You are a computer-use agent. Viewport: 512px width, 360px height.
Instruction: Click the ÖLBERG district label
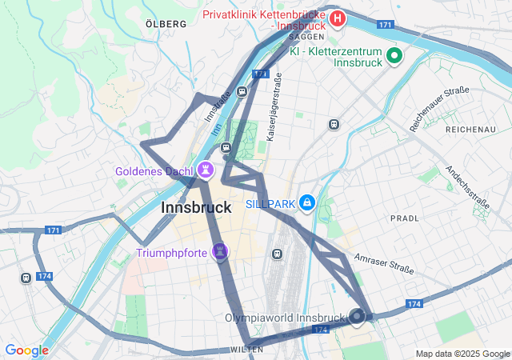click(x=166, y=24)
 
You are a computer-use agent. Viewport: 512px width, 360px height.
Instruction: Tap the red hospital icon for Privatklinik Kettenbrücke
click(x=338, y=18)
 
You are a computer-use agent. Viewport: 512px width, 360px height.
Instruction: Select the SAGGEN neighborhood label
click(x=306, y=37)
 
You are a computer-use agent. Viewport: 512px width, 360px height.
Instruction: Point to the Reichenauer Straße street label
click(x=439, y=109)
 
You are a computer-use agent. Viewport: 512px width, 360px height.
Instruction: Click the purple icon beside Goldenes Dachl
click(x=207, y=170)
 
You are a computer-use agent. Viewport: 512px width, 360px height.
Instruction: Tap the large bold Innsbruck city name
click(x=196, y=207)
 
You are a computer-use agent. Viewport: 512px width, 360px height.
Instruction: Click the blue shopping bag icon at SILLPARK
click(x=306, y=204)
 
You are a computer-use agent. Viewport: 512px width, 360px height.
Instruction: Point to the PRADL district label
click(x=404, y=218)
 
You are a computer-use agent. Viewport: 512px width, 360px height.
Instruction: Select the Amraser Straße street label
click(x=382, y=261)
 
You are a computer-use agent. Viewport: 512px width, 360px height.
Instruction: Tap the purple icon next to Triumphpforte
click(x=221, y=254)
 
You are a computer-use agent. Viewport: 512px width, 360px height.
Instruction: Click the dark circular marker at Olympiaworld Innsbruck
click(x=357, y=318)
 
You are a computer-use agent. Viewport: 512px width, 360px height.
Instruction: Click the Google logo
click(x=26, y=350)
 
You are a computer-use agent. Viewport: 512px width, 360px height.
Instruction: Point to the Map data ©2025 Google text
click(x=462, y=354)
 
